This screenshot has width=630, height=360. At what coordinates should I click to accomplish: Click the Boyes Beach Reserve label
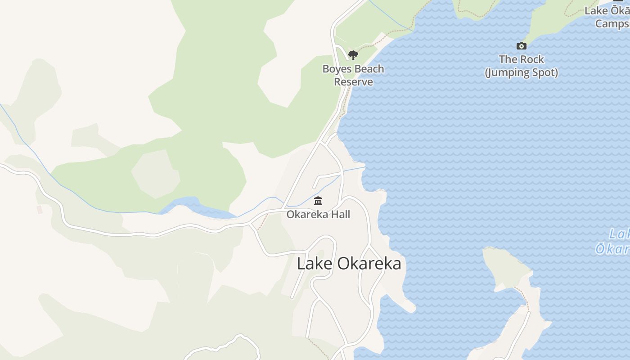point(353,75)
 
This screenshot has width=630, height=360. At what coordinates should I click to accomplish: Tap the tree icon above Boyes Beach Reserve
point(353,55)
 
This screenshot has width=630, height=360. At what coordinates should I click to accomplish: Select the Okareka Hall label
point(318,214)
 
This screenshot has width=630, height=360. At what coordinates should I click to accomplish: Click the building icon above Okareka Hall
point(318,201)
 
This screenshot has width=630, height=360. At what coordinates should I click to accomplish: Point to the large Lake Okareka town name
point(349,263)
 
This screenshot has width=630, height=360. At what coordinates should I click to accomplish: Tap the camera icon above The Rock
point(522,46)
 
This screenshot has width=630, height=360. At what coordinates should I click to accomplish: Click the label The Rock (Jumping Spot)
point(522,66)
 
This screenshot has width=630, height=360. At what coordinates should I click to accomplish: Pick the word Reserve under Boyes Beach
point(353,82)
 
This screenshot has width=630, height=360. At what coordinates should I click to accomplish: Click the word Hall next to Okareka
point(340,214)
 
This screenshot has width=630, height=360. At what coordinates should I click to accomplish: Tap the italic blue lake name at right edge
point(614,241)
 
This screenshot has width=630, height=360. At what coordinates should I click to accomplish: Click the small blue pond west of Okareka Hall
point(193,207)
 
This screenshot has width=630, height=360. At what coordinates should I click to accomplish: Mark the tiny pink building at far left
point(40,209)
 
